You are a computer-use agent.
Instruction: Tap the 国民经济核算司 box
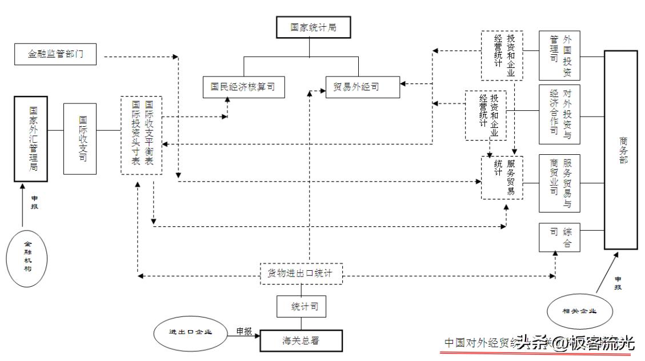[x=243, y=87]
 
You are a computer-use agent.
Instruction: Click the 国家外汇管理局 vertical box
[x=31, y=139]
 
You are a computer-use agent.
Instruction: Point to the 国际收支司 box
[x=80, y=139]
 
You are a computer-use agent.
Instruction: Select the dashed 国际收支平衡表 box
[x=141, y=135]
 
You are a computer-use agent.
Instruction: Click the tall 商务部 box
[x=620, y=150]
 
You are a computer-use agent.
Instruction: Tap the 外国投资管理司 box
[x=559, y=55]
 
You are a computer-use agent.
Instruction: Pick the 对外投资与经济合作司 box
[x=559, y=114]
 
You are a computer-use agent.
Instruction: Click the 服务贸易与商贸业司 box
[x=559, y=183]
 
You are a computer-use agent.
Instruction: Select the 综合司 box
[x=559, y=237]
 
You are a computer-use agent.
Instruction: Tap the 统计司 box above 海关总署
[x=301, y=307]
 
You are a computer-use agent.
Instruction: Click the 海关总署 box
[x=301, y=340]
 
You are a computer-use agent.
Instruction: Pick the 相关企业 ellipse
[x=579, y=311]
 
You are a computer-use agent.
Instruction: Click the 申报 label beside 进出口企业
[x=244, y=331]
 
